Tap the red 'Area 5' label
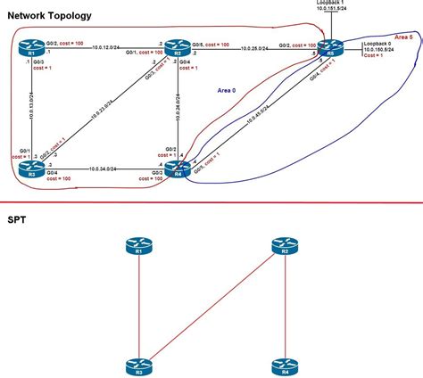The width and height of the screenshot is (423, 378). point(403,37)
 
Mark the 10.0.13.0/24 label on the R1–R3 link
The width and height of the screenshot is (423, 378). point(33,105)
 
